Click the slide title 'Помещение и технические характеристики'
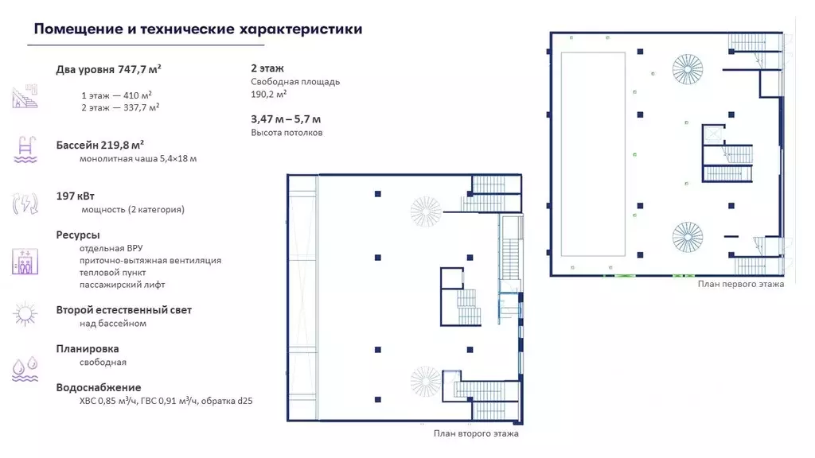pos(198,29)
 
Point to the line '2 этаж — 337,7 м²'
pos(119,107)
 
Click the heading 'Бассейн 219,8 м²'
pos(99,145)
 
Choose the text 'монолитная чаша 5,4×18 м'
pos(138,158)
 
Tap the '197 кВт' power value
pos(76,196)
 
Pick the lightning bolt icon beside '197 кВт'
pos(25,204)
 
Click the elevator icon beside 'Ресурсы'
pos(25,262)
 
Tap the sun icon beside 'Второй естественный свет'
pos(25,315)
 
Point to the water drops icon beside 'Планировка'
pos(25,368)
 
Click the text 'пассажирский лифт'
pos(122,284)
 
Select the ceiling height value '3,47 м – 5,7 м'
pos(287,119)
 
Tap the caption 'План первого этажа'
pos(740,284)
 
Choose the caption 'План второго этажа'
pos(476,433)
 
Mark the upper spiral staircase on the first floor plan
pos(687,67)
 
